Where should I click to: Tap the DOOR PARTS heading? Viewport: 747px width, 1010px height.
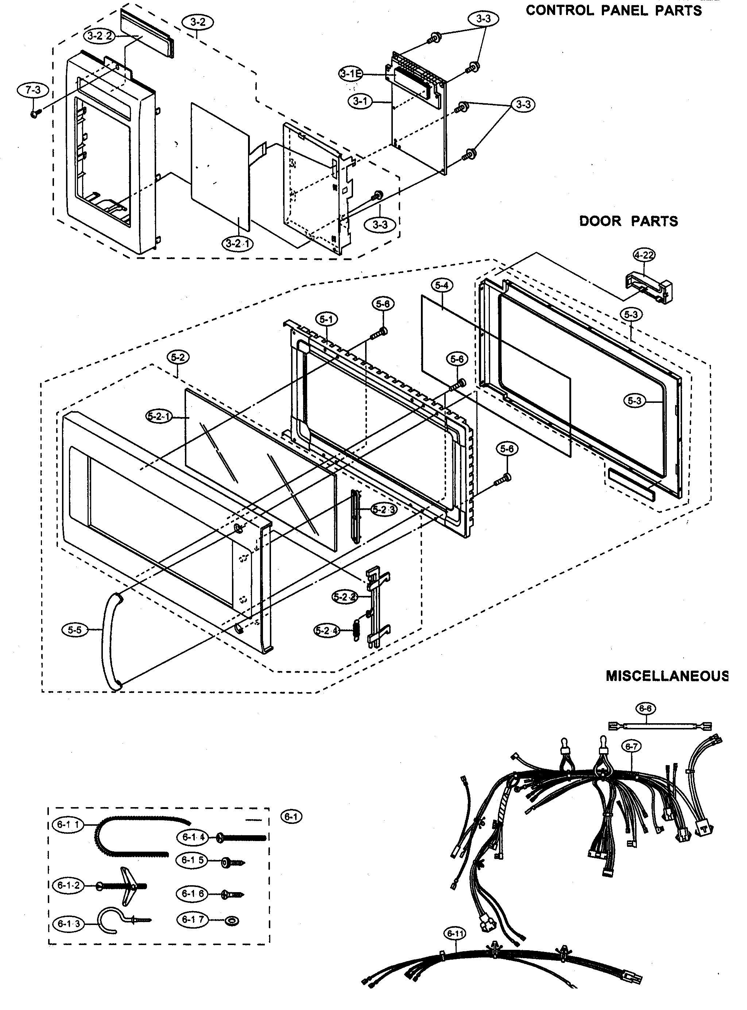coord(628,221)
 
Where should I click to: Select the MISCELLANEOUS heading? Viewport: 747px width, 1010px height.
coord(666,689)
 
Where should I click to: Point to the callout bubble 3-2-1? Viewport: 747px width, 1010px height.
coord(237,243)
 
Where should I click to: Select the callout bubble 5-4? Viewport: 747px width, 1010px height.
coord(442,285)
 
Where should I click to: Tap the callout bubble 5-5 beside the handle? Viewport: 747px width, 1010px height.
coord(75,630)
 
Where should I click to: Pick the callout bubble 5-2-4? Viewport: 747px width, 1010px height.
coord(327,631)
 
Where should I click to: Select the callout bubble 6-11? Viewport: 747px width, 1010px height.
coord(454,934)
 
